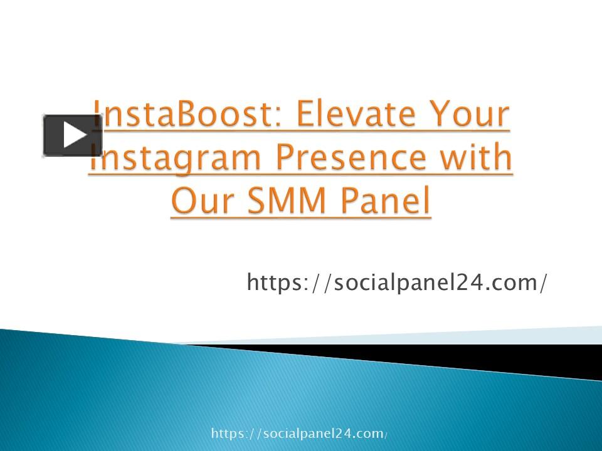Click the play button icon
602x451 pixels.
pyautogui.click(x=73, y=135)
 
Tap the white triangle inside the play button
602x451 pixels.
pyautogui.click(x=75, y=135)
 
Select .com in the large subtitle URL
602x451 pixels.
pyautogui.click(x=506, y=283)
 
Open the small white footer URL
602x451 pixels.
pyautogui.click(x=299, y=433)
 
